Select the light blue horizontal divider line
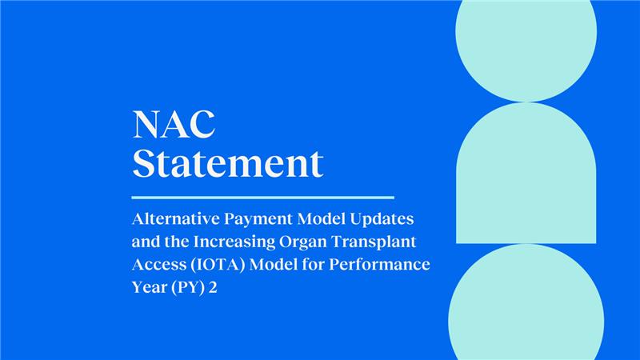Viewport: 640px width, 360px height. (262, 197)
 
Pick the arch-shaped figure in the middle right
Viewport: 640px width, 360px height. (526, 176)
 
